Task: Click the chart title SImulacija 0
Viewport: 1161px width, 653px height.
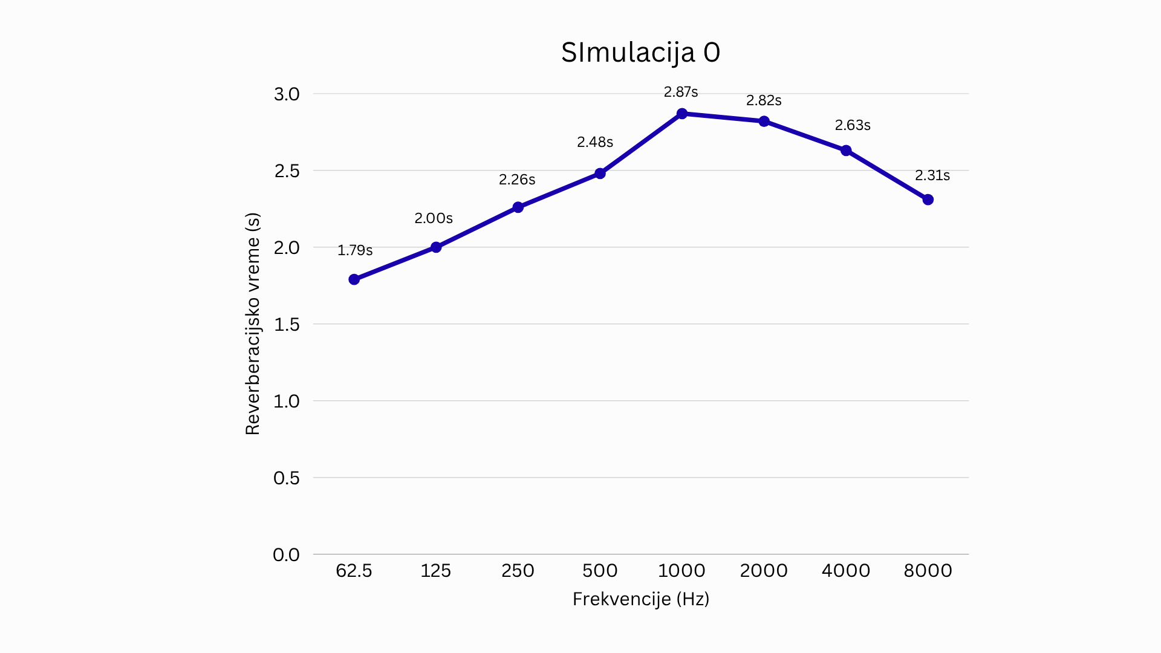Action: tap(640, 53)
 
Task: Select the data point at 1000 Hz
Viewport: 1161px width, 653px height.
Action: tap(682, 114)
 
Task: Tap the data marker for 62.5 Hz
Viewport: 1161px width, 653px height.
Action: tap(354, 279)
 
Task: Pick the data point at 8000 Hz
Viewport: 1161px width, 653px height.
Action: tap(928, 200)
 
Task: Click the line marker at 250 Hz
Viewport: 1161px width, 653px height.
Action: tap(518, 207)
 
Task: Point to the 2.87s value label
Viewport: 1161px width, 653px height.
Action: tap(681, 92)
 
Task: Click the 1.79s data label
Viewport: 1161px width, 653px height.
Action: tap(355, 250)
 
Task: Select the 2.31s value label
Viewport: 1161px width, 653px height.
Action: tap(932, 175)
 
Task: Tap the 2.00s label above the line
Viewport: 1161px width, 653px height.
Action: tap(434, 218)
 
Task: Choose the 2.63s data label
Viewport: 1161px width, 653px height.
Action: tap(853, 125)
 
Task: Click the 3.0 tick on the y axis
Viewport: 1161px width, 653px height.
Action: tap(287, 94)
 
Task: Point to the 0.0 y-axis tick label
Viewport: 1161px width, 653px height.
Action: tap(287, 554)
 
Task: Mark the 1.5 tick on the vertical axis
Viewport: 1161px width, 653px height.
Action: tap(287, 325)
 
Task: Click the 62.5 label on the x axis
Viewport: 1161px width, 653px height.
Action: tap(354, 570)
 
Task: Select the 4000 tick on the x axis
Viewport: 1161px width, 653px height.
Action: tap(846, 570)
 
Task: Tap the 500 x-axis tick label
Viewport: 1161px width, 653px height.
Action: tap(600, 570)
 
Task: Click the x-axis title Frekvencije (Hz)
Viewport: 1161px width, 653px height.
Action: tap(641, 599)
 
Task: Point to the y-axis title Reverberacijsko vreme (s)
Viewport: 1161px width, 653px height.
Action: tap(253, 324)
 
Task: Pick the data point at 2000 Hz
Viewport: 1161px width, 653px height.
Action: tap(764, 122)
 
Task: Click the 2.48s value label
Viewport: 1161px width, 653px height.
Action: tap(595, 142)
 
